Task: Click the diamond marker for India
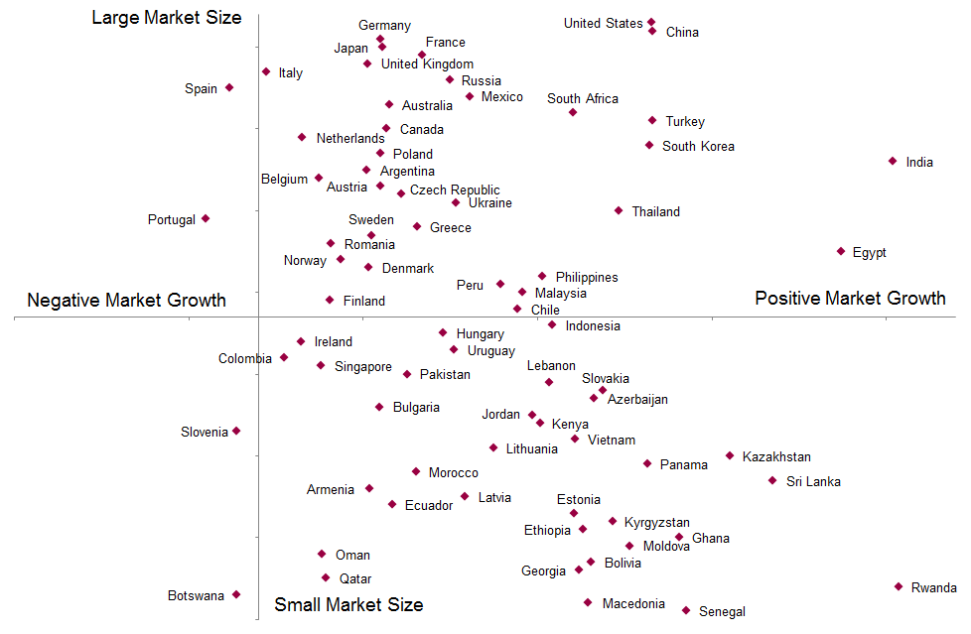pos(893,161)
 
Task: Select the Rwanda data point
pos(899,586)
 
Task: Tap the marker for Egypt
pos(841,251)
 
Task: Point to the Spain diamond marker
pos(229,87)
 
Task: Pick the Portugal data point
pos(206,218)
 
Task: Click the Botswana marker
pos(236,594)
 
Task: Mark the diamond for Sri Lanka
pos(772,480)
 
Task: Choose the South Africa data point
pos(573,112)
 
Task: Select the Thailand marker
pos(619,210)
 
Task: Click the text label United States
pos(603,24)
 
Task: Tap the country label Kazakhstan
pos(776,457)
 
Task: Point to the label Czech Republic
pos(455,190)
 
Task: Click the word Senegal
pos(722,612)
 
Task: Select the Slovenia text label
pos(205,433)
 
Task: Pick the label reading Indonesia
pos(593,326)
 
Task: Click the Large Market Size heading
pos(166,18)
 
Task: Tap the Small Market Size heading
pos(348,605)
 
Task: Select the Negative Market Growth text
pos(126,301)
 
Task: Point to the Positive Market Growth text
pos(850,299)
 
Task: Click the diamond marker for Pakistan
pos(407,374)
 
